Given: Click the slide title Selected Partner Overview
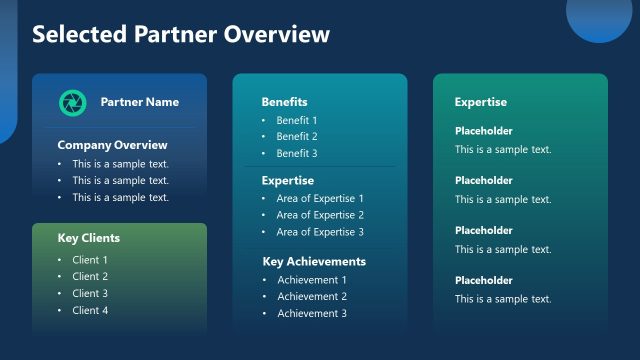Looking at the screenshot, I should [181, 35].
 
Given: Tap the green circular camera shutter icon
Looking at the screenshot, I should [72, 102].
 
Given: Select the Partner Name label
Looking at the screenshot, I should [140, 102].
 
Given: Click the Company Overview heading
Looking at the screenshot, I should [112, 145].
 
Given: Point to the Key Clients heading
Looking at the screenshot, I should [88, 238].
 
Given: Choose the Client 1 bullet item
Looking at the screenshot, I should [90, 260].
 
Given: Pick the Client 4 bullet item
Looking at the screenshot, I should [90, 310].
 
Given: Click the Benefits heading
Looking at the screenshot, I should [284, 102].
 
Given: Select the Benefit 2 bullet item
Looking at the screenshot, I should [297, 137].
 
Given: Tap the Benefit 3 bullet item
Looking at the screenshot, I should [297, 154].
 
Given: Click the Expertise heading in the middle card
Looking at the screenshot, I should [287, 181].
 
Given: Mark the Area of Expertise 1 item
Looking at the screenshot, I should [320, 199].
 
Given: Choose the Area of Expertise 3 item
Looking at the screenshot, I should [320, 232].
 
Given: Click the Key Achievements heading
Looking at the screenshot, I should [314, 262].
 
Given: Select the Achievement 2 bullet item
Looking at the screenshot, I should [312, 297].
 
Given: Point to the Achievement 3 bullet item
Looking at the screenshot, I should [312, 314].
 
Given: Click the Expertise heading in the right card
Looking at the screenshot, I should [480, 102].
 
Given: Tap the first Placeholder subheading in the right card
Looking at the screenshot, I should [483, 131].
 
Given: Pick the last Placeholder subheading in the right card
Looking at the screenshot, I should [483, 281].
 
